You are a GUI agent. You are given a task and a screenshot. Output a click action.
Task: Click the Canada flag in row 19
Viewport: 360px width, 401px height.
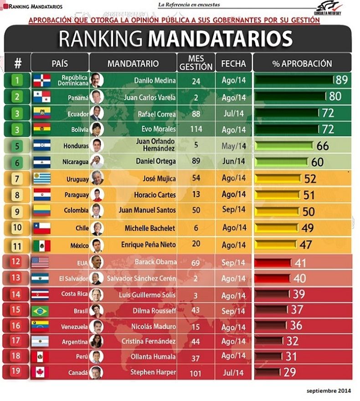coord(41,372)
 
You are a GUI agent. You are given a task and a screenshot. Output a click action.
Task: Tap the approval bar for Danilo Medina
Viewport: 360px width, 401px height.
coord(294,81)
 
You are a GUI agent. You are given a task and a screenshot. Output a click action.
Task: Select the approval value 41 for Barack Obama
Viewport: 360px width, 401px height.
coord(300,263)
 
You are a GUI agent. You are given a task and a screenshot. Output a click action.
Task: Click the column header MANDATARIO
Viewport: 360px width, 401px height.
coord(133,63)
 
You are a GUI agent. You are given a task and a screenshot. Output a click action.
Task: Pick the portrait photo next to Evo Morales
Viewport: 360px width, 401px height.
coord(97,129)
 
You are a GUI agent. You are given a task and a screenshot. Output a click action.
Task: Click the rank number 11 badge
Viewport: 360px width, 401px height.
coord(17,245)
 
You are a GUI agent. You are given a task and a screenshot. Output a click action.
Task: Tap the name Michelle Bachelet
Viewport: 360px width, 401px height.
coord(150,228)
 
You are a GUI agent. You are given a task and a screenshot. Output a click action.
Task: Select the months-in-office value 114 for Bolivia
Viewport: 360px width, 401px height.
coord(196,129)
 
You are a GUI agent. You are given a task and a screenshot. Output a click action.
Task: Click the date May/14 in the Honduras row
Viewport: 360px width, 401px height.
coord(233,146)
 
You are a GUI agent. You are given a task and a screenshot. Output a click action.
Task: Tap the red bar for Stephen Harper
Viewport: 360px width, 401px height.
coord(267,372)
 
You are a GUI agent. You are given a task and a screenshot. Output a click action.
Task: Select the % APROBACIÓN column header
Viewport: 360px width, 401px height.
coord(302,63)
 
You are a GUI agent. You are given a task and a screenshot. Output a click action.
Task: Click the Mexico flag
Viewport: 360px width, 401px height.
coord(41,245)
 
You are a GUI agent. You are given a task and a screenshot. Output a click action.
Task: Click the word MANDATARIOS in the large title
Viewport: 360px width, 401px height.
coord(220,40)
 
